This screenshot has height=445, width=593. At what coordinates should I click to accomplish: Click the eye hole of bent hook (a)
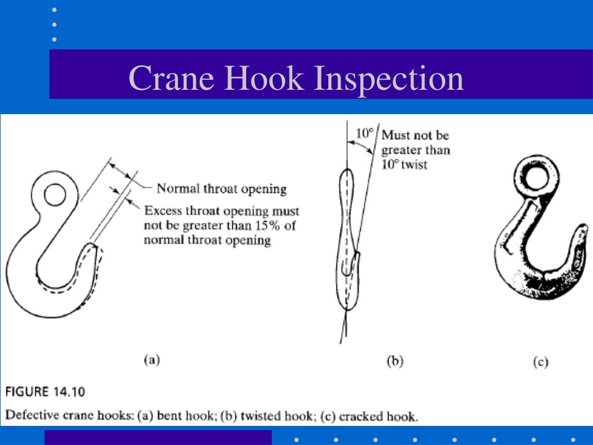click(54, 195)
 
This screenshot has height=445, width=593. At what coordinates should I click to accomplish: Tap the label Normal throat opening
click(222, 189)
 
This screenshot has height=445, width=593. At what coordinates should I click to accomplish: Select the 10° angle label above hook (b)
click(364, 134)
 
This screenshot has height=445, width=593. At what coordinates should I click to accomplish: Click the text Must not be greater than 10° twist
click(415, 150)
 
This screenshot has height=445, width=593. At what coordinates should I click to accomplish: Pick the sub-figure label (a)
click(151, 359)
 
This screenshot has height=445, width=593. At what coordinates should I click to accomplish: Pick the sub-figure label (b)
click(394, 361)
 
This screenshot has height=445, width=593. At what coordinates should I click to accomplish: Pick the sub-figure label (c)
click(540, 362)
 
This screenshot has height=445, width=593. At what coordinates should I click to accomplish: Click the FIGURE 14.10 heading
click(46, 392)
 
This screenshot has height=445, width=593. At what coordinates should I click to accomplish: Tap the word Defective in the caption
click(27, 415)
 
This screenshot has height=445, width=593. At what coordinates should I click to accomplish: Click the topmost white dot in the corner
click(54, 10)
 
